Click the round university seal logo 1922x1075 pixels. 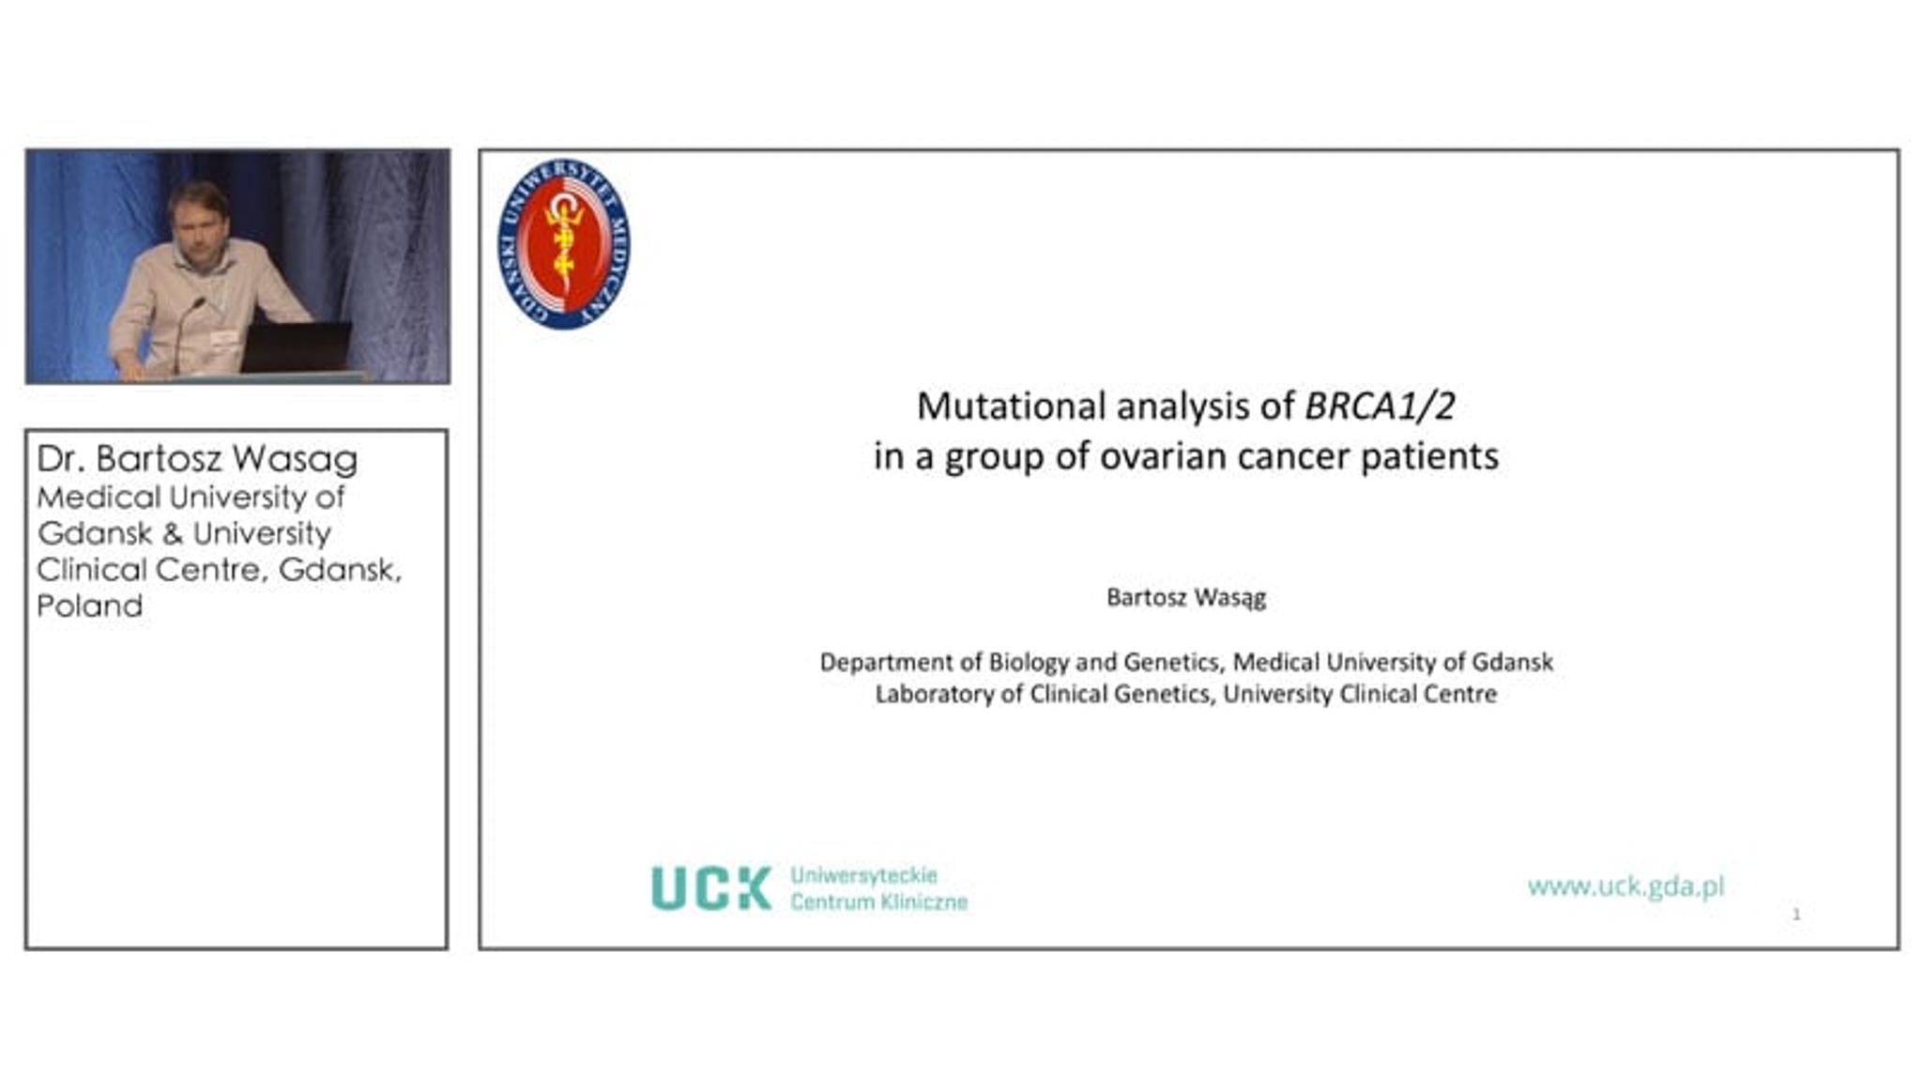tap(563, 243)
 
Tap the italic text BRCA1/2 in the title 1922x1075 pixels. tap(1380, 407)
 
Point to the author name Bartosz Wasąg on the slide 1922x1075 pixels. tap(1186, 598)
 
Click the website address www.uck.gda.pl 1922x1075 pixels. tap(1626, 886)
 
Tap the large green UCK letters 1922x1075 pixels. tap(711, 888)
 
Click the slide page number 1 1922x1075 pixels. tap(1796, 914)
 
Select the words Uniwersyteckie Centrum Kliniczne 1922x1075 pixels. tap(878, 888)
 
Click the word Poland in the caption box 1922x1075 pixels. tap(90, 606)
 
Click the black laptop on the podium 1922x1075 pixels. tap(296, 346)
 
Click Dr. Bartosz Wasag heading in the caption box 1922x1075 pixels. tap(197, 459)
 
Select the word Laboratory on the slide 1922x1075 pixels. tap(935, 695)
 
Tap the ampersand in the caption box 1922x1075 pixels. tap(172, 534)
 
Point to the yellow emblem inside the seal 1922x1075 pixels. tap(563, 239)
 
